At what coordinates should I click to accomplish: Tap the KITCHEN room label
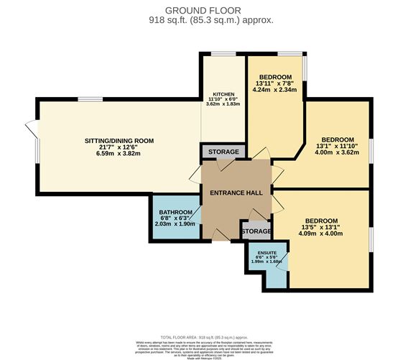coord(222,93)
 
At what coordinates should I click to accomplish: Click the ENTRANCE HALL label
coord(236,193)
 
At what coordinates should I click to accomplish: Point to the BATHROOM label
coord(175,212)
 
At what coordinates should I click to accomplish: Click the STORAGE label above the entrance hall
coord(223,152)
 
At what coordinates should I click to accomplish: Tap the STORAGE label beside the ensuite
coord(256,231)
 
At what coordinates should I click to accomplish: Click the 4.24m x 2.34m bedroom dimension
coord(275,91)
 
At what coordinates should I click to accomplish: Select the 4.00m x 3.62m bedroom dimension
coord(337,152)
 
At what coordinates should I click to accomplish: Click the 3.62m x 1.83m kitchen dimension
coord(222,105)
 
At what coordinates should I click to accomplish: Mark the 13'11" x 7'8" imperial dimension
coord(275,84)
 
